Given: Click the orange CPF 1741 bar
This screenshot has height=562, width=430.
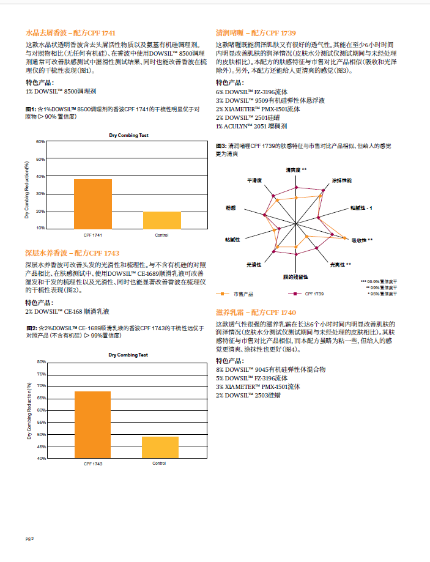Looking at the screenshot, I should [x=93, y=204].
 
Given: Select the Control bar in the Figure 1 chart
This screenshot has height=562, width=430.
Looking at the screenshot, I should [x=162, y=220].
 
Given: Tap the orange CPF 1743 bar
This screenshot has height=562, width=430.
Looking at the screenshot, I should [x=93, y=424].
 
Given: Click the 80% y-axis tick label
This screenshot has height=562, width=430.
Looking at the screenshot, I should [x=41, y=361].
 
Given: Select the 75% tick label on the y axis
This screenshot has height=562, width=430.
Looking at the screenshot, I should [x=41, y=374].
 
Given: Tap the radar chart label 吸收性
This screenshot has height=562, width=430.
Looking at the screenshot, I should [x=361, y=240].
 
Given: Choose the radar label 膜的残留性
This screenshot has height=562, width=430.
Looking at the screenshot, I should [x=295, y=277].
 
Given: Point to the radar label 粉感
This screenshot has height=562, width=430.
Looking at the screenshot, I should [x=231, y=207].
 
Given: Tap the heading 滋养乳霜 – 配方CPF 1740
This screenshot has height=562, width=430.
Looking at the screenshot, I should [x=256, y=312].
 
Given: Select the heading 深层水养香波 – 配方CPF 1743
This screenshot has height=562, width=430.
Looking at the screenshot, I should [x=72, y=253].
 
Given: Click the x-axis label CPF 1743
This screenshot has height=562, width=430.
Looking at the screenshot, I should [x=93, y=464].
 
